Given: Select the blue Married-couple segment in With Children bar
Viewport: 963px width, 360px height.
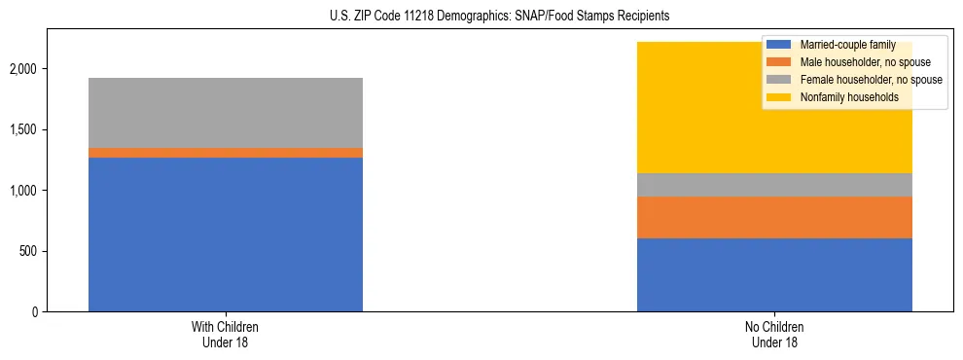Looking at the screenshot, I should [x=226, y=234].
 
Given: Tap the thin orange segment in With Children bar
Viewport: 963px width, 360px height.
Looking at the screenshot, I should [x=226, y=153].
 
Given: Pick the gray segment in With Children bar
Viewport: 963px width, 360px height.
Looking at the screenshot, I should [x=226, y=113].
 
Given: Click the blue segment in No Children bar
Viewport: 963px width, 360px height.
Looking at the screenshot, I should [x=774, y=274].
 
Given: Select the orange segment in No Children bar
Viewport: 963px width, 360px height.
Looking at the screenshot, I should [x=774, y=217].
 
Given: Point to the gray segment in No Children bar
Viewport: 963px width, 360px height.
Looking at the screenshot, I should [x=774, y=185].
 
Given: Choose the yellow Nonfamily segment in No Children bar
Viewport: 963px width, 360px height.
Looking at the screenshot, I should [x=681, y=107].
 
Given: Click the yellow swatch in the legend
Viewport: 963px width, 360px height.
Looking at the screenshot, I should [x=779, y=97].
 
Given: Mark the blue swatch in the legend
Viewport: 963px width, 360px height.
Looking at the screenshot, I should [x=779, y=45].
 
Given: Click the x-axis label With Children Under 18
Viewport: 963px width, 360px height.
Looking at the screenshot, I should [x=226, y=334].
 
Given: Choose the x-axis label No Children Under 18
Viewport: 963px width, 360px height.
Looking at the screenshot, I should [x=774, y=334].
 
